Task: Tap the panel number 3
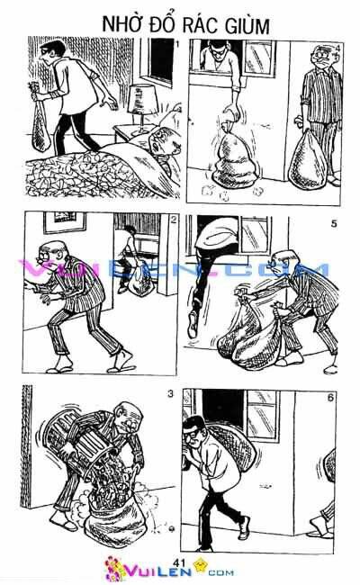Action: click(x=169, y=393)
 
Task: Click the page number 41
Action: click(x=178, y=562)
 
